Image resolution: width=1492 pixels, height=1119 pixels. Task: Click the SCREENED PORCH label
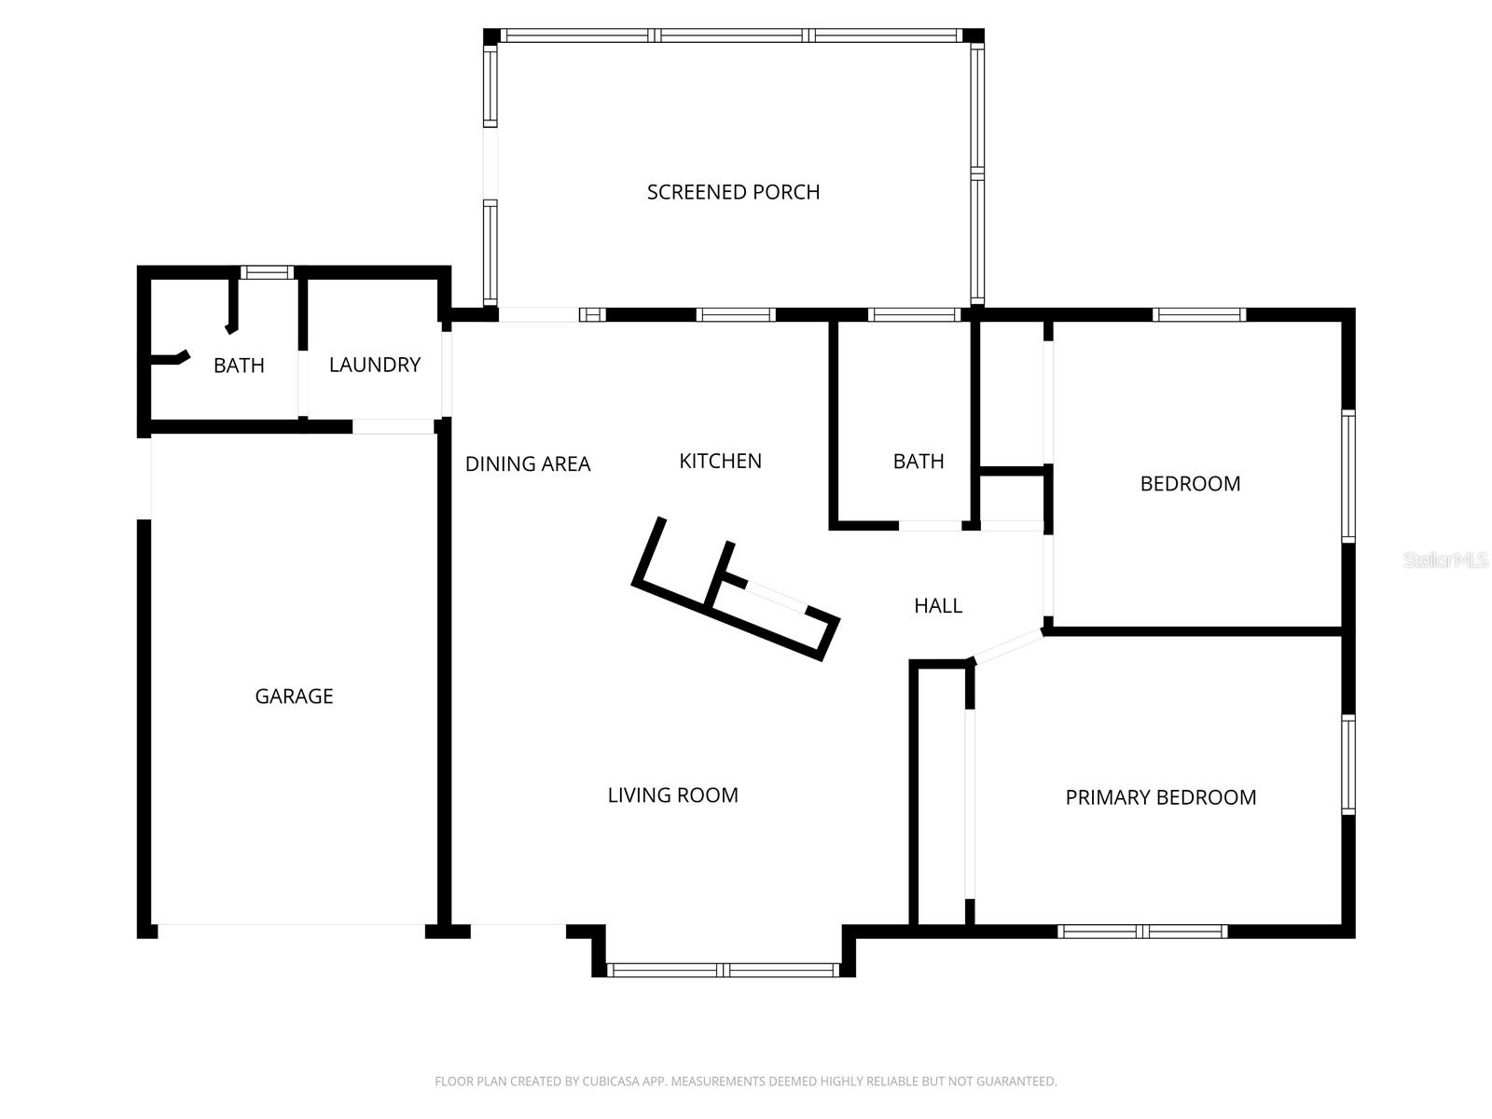tap(733, 192)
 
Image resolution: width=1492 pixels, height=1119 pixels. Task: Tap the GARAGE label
tap(294, 697)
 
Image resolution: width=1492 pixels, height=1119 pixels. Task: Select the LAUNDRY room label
tap(374, 365)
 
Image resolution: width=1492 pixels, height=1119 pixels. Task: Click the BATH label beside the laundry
tap(239, 366)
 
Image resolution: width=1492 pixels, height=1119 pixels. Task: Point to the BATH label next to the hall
tap(918, 462)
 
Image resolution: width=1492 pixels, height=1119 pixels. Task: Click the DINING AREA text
tap(528, 464)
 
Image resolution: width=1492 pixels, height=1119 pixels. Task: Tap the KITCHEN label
tap(720, 461)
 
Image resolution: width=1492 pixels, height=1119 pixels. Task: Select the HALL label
tap(937, 606)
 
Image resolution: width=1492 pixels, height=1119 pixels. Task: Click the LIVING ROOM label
tap(672, 795)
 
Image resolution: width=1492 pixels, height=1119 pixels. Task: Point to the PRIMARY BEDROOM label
tap(1160, 797)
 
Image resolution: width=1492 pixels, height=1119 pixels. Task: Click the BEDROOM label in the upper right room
tap(1190, 484)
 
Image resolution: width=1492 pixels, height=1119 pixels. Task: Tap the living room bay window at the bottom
tap(724, 970)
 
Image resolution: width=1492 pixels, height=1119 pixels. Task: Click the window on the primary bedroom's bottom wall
tap(1142, 931)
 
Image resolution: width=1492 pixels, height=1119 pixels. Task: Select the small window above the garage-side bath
tap(267, 272)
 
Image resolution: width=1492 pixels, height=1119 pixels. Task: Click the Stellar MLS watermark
tap(1444, 560)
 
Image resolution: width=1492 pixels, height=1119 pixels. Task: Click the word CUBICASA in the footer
tap(616, 1082)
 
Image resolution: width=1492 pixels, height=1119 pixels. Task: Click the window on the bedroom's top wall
tap(1198, 314)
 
